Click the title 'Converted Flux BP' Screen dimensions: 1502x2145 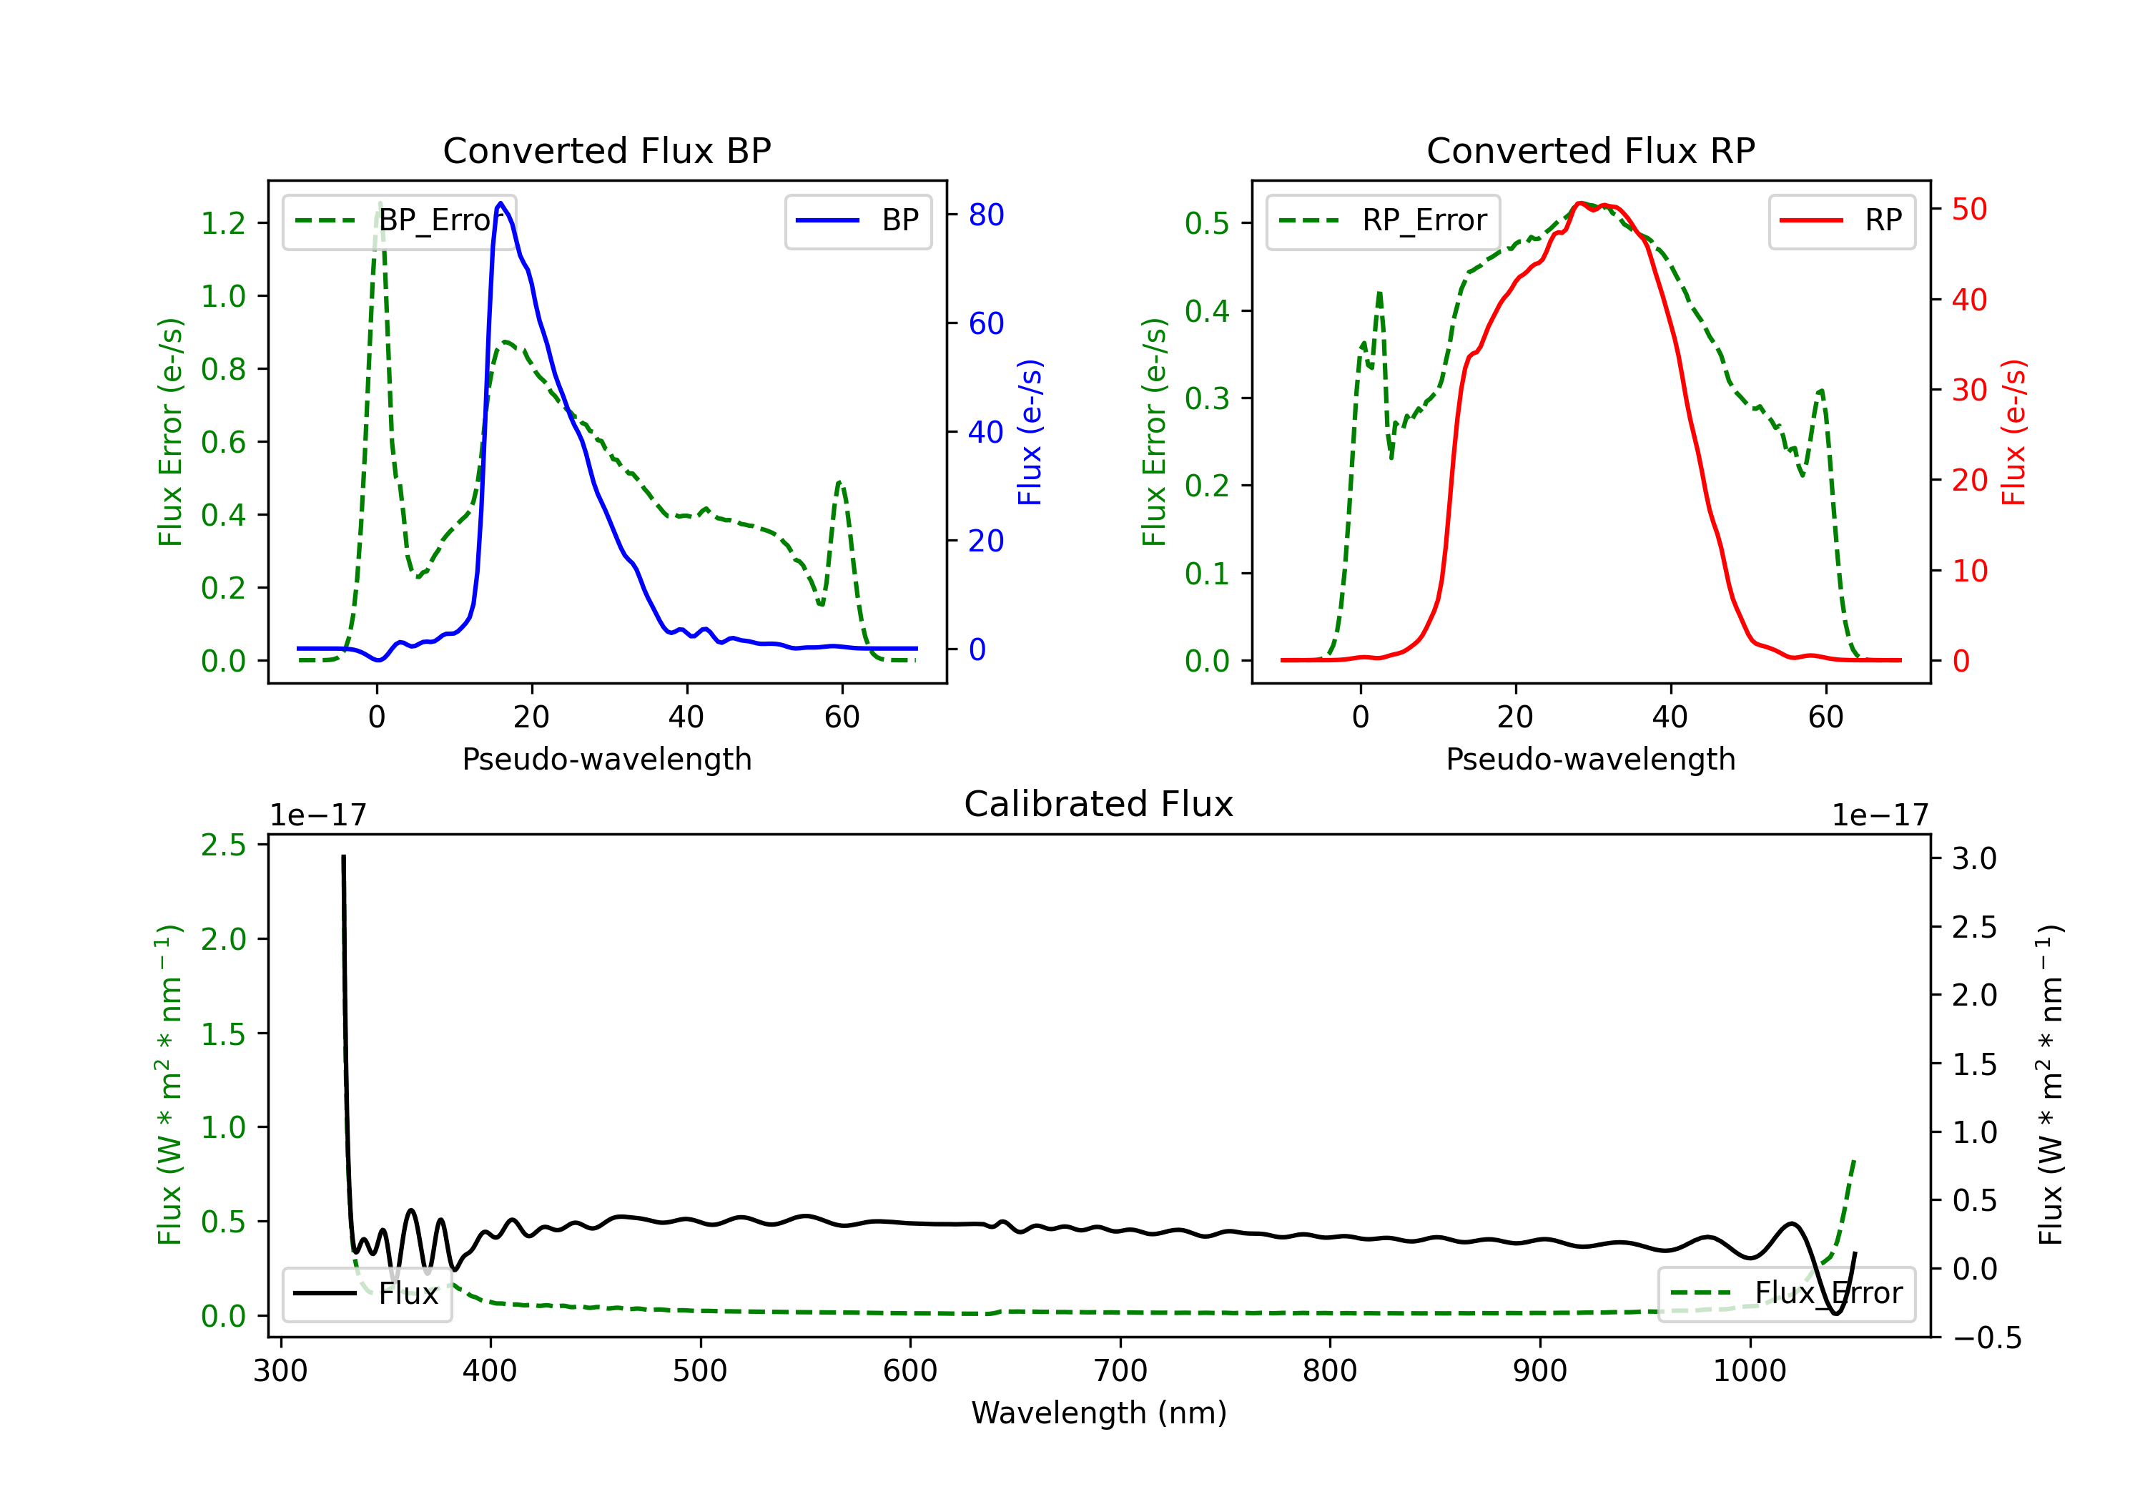[606, 150]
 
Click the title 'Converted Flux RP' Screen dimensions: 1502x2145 [1590, 150]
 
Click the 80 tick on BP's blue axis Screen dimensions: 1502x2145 [985, 215]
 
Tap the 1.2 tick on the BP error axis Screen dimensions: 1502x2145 [223, 223]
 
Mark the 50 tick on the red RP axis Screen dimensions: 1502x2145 [1969, 210]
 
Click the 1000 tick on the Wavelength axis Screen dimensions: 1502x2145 [1749, 1370]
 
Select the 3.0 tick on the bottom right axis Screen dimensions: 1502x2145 [1974, 858]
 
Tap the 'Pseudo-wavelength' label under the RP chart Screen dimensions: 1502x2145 [1590, 759]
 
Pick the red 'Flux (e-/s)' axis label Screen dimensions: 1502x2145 [2014, 432]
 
